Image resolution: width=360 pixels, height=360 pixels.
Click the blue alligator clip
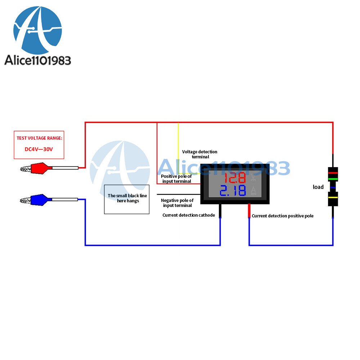coord(37,200)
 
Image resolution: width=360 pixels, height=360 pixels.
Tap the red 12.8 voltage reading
coord(235,178)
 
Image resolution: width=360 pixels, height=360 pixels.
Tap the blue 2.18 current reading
coord(233,190)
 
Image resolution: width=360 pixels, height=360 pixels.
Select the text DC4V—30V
coord(39,149)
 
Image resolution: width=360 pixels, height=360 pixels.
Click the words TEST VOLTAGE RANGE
coord(39,138)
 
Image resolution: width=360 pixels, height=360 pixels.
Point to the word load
coord(318,187)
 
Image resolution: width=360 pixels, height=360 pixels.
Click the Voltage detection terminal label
coord(200,154)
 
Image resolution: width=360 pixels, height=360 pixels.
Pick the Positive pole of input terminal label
coord(176,179)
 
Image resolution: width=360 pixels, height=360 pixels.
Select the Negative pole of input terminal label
coord(177,203)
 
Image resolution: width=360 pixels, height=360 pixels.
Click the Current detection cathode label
coord(189,215)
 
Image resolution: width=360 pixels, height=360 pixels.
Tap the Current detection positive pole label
coord(283,216)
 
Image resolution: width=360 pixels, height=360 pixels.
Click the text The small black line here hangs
coord(127,198)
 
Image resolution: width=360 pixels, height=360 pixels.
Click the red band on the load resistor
coord(333,173)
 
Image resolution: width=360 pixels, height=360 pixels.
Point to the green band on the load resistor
coord(333,179)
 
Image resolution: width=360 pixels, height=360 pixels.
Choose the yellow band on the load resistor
coord(333,197)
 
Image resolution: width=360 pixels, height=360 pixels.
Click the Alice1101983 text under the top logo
coord(38,60)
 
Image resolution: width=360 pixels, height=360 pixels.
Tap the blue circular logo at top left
coord(38,30)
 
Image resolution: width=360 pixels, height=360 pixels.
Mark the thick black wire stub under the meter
coord(220,211)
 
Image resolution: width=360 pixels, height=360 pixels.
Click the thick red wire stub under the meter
coord(249,211)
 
